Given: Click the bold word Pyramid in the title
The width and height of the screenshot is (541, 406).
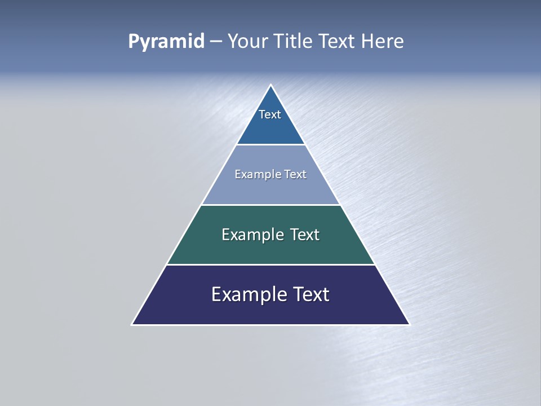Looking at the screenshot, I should [x=166, y=42].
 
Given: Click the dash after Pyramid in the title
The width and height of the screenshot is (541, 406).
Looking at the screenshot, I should [x=216, y=42].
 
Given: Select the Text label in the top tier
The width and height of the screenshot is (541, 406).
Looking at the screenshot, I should [x=270, y=114].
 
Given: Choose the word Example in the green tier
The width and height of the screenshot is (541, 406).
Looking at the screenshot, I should [x=250, y=235].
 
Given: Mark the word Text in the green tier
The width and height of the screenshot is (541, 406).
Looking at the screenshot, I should [x=305, y=235].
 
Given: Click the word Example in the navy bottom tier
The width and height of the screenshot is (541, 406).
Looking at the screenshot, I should [x=244, y=294].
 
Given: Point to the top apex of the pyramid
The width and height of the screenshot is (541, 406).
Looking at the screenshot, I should [x=270, y=85].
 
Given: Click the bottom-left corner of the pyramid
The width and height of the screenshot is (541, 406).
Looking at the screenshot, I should [x=132, y=325].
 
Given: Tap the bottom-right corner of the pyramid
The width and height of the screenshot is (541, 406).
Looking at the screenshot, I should [x=410, y=325].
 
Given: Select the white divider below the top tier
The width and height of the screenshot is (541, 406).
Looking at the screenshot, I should [x=270, y=145].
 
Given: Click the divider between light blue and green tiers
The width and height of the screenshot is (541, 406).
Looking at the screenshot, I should [x=270, y=205].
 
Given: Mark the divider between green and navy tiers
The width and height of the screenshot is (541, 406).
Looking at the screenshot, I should [x=270, y=264].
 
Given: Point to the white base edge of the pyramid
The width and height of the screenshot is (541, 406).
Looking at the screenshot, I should [x=270, y=325].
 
